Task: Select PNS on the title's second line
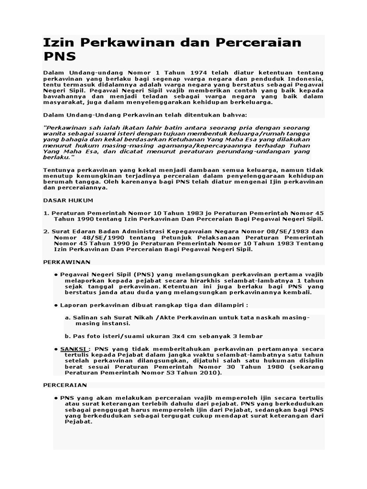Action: [x=59, y=56]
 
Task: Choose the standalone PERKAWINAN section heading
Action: [x=67, y=262]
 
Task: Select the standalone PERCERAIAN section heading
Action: [x=65, y=384]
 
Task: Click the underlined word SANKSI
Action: [x=74, y=349]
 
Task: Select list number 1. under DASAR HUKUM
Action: [x=46, y=213]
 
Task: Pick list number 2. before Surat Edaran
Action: [x=46, y=231]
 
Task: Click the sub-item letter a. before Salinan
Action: [x=68, y=318]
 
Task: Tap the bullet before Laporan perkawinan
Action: [x=56, y=305]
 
